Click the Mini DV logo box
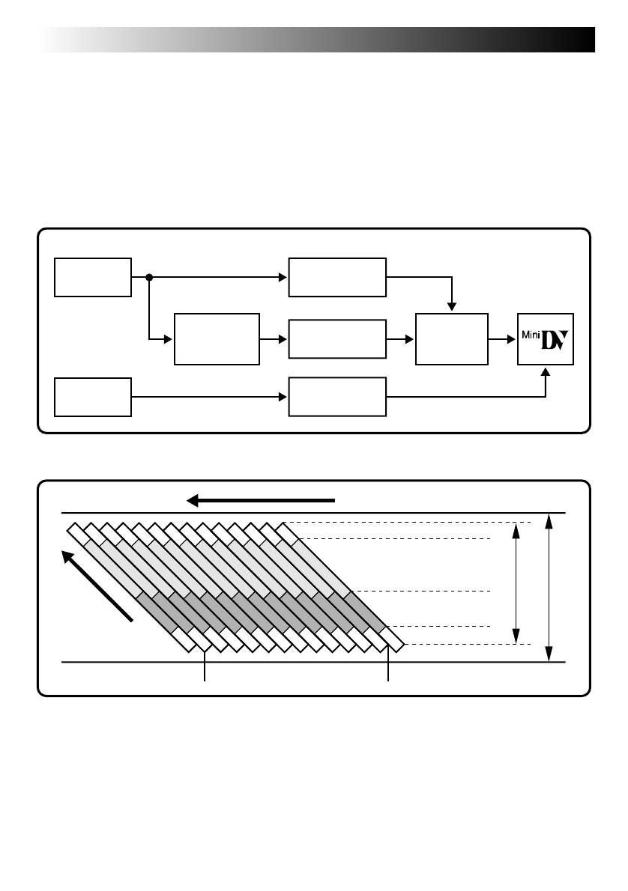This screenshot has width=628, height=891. tap(546, 339)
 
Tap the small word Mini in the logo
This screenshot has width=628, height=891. tap(530, 333)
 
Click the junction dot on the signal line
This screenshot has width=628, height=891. tap(149, 278)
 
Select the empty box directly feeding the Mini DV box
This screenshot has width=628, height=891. tap(451, 339)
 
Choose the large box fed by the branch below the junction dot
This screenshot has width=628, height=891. tap(217, 339)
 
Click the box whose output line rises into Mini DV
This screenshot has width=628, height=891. tap(337, 396)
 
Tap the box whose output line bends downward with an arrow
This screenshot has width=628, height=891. tap(337, 277)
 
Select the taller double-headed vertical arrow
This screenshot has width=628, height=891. tap(550, 588)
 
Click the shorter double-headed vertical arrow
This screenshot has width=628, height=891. tap(516, 584)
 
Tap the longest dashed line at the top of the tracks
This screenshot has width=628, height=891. tap(408, 522)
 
